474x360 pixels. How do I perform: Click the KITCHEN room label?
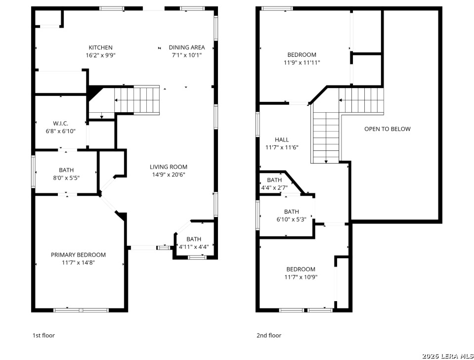coord(101,47)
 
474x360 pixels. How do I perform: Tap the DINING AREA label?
coord(187,47)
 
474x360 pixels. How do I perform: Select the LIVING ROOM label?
coord(169,167)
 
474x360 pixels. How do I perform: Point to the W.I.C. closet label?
coord(60,124)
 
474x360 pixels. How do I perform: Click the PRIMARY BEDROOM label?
coord(78,255)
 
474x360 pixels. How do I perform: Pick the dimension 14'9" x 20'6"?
coord(169,175)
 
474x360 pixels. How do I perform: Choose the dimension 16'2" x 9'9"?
coord(101,55)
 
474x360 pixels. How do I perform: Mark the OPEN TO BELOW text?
coord(387,129)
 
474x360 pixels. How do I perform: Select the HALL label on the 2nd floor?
coord(282,139)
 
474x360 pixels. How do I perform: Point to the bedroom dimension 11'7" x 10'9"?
coord(301,277)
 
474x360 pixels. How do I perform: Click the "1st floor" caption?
coord(44,335)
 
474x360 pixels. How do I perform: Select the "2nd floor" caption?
coord(269,335)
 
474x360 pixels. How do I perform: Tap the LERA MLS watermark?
coord(448,356)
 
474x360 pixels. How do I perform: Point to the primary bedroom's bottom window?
coord(81,310)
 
